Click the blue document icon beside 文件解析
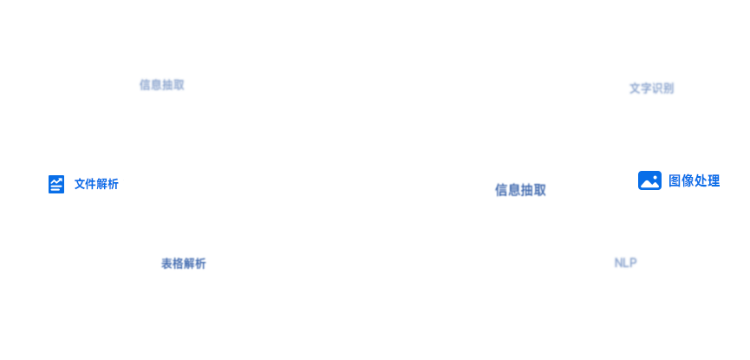pyautogui.click(x=56, y=184)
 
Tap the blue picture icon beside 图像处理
pyautogui.click(x=649, y=180)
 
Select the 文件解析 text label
pyautogui.click(x=96, y=184)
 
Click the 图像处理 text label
pyautogui.click(x=694, y=181)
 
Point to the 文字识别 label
pyautogui.click(x=651, y=88)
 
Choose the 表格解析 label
pyautogui.click(x=183, y=264)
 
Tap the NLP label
pyautogui.click(x=625, y=263)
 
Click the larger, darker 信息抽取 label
pyautogui.click(x=520, y=190)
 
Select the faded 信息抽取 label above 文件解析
pyautogui.click(x=161, y=85)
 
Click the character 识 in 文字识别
pyautogui.click(x=657, y=88)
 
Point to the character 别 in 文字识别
pyautogui.click(x=668, y=88)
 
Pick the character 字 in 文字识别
pyautogui.click(x=646, y=88)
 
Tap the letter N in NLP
pyautogui.click(x=618, y=263)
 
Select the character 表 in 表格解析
pyautogui.click(x=166, y=264)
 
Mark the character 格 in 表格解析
pyautogui.click(x=178, y=264)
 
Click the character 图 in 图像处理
pyautogui.click(x=675, y=181)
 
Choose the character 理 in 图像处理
pyautogui.click(x=714, y=181)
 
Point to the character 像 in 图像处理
pyautogui.click(x=688, y=181)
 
